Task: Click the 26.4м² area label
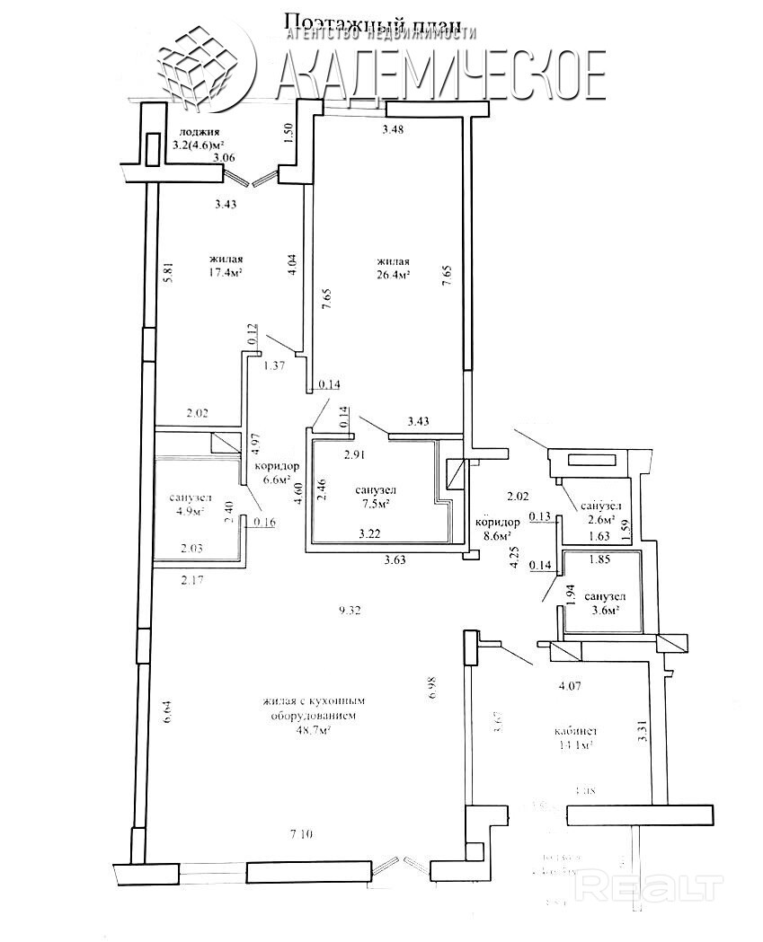tap(394, 276)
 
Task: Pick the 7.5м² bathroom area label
tap(376, 503)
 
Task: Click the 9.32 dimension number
tap(352, 611)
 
